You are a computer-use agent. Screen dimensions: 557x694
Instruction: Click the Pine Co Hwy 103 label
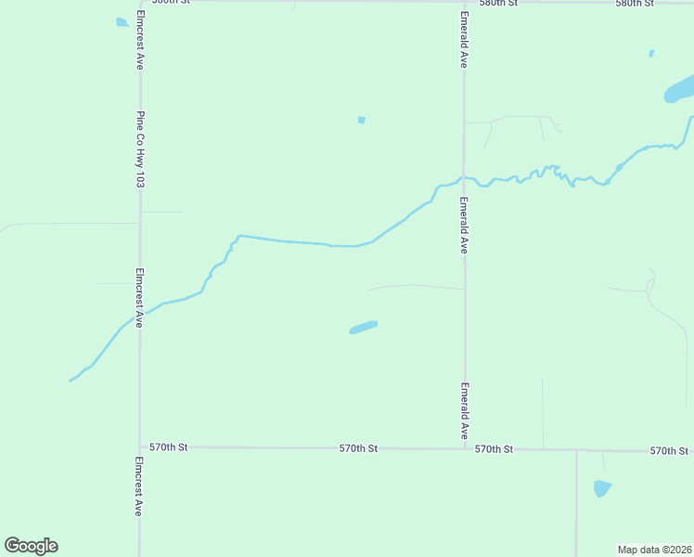(x=140, y=149)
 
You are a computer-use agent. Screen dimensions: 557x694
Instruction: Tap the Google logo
(x=31, y=546)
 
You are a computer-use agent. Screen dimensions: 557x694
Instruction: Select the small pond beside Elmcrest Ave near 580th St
(x=122, y=22)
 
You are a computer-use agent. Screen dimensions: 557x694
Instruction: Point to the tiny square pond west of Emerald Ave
(x=361, y=120)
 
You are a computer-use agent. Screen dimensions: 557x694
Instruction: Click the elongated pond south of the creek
(x=363, y=327)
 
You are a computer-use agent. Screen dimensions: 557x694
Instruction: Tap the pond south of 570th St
(x=602, y=487)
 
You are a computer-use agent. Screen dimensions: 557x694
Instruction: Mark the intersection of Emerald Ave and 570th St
(x=465, y=448)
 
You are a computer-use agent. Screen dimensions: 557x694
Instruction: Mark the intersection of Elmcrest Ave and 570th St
(x=140, y=447)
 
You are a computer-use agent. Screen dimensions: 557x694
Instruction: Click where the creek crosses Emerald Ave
(x=465, y=177)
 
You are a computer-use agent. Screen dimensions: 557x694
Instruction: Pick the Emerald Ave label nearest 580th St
(x=463, y=39)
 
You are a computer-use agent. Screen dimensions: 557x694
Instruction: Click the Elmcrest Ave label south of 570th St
(x=139, y=486)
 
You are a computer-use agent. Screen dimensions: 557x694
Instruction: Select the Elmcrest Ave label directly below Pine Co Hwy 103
(x=139, y=298)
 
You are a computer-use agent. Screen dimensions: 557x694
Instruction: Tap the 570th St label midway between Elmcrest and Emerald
(x=358, y=447)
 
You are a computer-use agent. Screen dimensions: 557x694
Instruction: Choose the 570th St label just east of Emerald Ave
(x=494, y=448)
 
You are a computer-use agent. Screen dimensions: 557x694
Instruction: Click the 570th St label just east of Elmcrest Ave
(x=169, y=447)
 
